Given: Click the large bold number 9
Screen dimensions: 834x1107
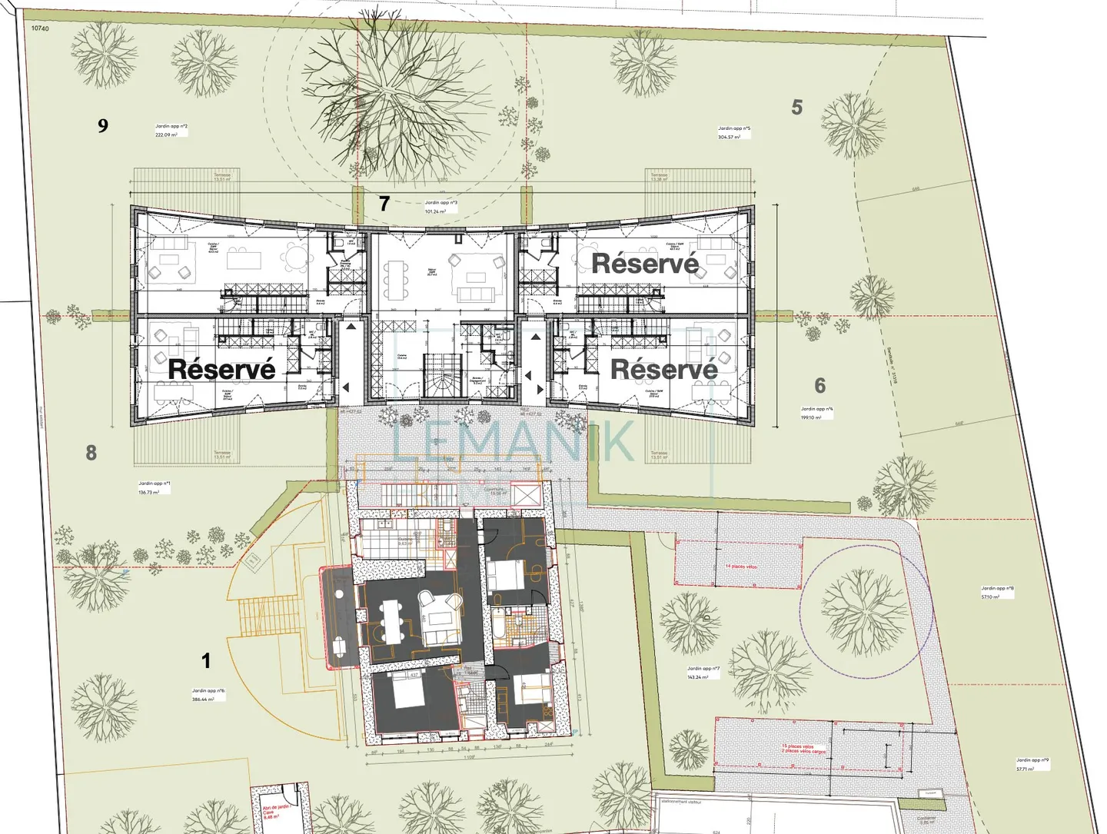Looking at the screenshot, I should click(x=103, y=125).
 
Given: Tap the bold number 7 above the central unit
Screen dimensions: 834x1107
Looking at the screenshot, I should click(x=384, y=204).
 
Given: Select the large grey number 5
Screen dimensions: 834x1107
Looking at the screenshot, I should click(x=797, y=108).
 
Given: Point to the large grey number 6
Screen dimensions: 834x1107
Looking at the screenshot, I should click(x=820, y=385).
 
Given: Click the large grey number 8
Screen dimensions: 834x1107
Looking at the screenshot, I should click(x=91, y=453).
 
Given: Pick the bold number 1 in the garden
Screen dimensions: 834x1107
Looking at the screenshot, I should click(x=205, y=660).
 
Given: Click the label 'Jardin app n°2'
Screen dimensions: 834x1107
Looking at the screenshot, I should click(x=171, y=126).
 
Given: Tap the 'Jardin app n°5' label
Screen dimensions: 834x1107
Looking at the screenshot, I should click(x=734, y=128).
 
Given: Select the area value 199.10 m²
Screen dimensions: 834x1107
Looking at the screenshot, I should click(x=811, y=417).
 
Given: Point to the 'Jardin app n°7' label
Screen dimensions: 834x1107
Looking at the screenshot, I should click(x=703, y=669).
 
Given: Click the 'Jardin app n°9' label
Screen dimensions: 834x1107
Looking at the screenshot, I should click(x=1033, y=760).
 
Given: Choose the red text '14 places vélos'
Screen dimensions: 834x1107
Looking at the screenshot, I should click(x=741, y=567).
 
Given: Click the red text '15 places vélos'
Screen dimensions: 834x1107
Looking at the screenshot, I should click(x=798, y=746).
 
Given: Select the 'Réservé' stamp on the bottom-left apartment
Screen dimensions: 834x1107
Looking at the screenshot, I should click(x=221, y=369).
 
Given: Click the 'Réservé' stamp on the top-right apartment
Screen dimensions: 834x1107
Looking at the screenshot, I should click(x=645, y=264).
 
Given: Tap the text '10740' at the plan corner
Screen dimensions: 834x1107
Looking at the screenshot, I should click(x=40, y=28).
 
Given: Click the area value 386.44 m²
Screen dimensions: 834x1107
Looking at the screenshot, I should click(x=204, y=699).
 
